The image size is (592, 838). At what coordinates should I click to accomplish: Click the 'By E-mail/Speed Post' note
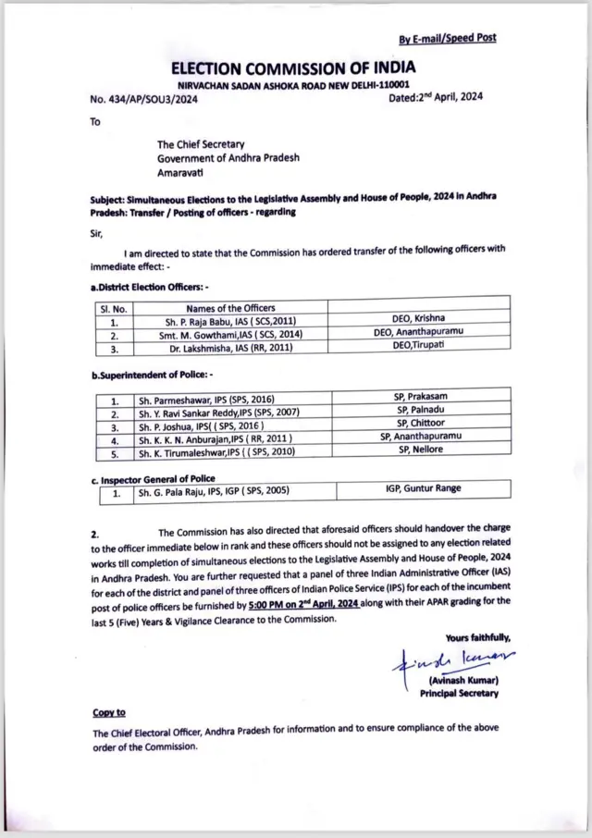[x=447, y=38]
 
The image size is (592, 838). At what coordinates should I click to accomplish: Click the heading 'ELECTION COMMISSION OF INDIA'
[x=293, y=68]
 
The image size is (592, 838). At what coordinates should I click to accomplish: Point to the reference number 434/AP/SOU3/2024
[x=144, y=99]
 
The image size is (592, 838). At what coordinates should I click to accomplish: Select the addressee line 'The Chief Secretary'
[x=200, y=144]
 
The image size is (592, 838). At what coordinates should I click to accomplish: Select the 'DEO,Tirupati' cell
[x=420, y=347]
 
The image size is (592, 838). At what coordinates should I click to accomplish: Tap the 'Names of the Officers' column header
[x=230, y=308]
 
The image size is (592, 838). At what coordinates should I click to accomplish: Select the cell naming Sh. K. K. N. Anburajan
[x=216, y=437]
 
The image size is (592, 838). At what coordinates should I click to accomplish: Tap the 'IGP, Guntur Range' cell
[x=424, y=489]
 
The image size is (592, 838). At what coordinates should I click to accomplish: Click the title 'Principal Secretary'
[x=459, y=693]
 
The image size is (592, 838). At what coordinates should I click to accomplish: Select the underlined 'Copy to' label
[x=109, y=712]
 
